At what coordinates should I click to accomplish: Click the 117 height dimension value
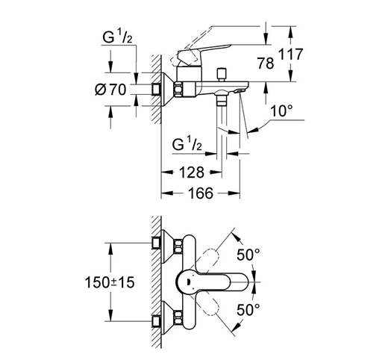pos(291,55)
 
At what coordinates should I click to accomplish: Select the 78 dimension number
pos(266,63)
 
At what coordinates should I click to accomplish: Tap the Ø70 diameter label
pos(110,90)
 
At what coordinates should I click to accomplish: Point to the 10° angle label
pos(281,111)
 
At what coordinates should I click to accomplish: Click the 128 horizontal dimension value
pos(192,173)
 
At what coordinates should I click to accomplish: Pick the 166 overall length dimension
pos(201,193)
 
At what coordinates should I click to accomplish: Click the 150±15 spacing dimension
pos(110,282)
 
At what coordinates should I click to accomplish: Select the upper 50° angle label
pos(248,255)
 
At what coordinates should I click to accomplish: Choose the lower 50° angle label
pos(248,310)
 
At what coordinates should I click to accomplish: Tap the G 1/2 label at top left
pos(117,37)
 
